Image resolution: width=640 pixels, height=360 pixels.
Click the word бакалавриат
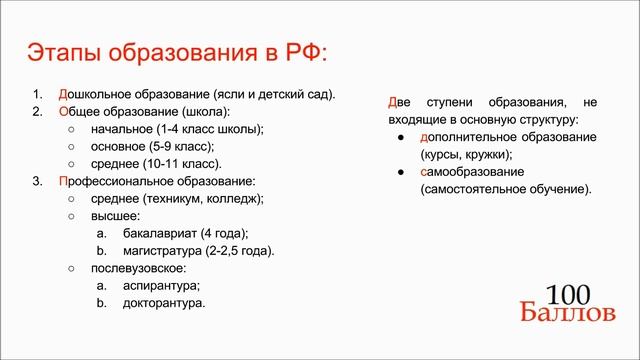tap(153, 233)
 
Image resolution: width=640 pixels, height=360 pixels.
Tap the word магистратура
tap(156, 250)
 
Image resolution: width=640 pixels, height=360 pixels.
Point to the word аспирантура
tap(148, 285)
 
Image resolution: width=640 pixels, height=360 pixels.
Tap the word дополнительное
tap(465, 136)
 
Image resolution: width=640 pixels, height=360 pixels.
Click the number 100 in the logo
tap(569, 294)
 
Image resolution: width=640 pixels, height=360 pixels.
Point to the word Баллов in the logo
tap(567, 313)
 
